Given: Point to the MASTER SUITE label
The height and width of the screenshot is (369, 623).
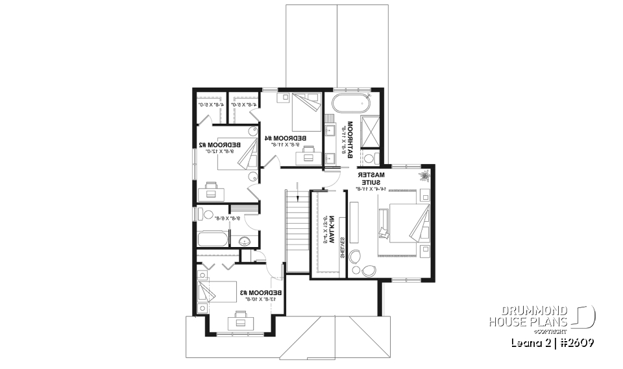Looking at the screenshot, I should click(372, 180).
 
